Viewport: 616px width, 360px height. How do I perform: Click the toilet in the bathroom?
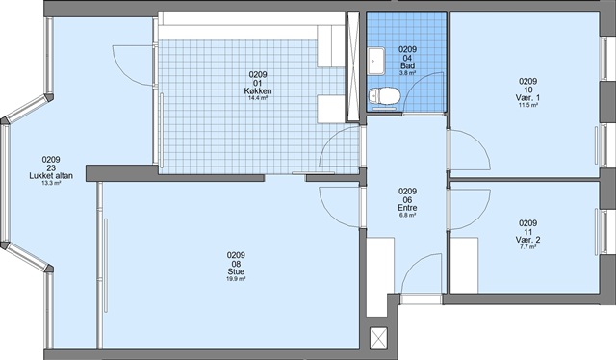click(x=384, y=97)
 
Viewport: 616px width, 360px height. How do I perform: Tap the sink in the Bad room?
click(x=376, y=60)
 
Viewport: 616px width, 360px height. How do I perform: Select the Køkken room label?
click(x=258, y=91)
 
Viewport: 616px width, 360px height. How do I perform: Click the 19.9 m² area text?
click(x=236, y=279)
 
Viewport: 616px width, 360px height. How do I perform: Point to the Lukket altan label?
click(x=51, y=176)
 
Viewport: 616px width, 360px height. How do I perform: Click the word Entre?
click(x=407, y=208)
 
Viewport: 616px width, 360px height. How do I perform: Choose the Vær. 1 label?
click(x=528, y=97)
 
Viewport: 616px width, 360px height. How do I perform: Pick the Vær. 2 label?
click(x=528, y=240)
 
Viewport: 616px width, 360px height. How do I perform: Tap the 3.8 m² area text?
click(x=407, y=73)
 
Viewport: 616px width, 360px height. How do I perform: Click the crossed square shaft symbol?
click(x=378, y=339)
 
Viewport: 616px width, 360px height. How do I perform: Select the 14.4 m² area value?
click(x=258, y=98)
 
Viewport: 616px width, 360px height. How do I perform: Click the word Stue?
click(x=236, y=271)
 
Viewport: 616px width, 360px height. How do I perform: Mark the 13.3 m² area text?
click(x=51, y=183)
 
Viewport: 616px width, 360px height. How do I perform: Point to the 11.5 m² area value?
click(x=528, y=105)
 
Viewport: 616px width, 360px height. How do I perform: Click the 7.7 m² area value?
click(x=528, y=246)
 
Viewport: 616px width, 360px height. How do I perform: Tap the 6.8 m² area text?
click(x=407, y=215)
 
